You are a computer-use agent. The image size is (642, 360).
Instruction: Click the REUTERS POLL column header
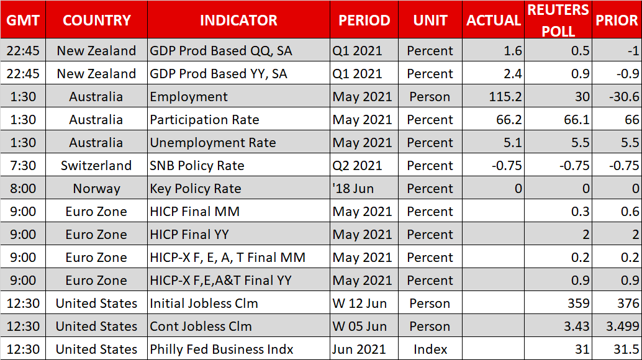click(x=558, y=20)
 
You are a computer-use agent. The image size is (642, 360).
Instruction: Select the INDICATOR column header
click(x=238, y=20)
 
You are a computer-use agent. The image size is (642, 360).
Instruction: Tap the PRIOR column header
click(x=617, y=20)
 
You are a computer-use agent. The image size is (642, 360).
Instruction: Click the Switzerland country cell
click(x=96, y=166)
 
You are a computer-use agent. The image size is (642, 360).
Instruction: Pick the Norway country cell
click(x=96, y=189)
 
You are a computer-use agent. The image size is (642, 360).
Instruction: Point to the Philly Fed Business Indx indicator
click(x=222, y=349)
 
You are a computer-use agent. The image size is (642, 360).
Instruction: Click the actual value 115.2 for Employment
click(x=505, y=97)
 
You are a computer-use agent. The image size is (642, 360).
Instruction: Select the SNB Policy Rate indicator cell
click(x=197, y=166)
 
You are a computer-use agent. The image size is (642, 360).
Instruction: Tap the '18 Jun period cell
click(x=353, y=189)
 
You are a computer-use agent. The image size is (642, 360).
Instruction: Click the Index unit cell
click(x=430, y=349)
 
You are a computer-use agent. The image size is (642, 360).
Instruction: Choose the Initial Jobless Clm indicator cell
click(x=204, y=304)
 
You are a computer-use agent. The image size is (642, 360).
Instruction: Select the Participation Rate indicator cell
click(x=204, y=120)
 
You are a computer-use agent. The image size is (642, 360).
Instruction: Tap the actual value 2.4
click(x=513, y=74)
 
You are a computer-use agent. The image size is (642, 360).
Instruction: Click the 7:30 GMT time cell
click(x=23, y=166)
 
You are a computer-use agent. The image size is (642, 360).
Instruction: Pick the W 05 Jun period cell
click(x=359, y=326)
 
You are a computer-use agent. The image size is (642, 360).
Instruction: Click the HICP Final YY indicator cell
click(x=189, y=235)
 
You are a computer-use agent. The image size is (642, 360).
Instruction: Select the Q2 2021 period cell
click(x=357, y=166)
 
